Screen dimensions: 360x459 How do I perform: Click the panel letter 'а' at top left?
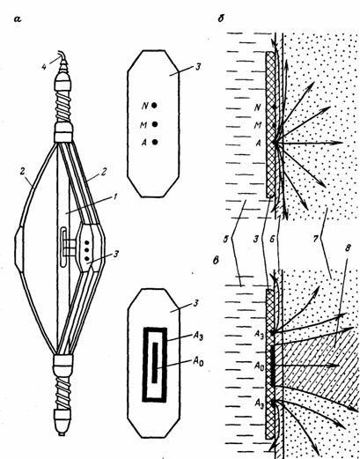[18, 19]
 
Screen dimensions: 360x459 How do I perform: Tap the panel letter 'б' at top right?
[221, 19]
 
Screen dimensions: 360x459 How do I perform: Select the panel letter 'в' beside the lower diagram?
[216, 260]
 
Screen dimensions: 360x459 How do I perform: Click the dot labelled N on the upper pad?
[155, 105]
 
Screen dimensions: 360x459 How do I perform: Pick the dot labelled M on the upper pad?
[155, 124]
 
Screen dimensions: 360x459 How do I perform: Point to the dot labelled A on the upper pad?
[155, 142]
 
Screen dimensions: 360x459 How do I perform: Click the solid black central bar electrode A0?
[155, 363]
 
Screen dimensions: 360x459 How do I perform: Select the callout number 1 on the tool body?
[114, 196]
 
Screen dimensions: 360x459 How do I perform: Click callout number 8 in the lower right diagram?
[348, 248]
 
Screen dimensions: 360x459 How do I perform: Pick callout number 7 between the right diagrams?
[315, 239]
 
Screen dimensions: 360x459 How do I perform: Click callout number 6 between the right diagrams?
[272, 239]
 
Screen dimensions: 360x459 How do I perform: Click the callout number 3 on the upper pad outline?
[198, 67]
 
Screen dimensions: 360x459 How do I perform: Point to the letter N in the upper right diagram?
[257, 107]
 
